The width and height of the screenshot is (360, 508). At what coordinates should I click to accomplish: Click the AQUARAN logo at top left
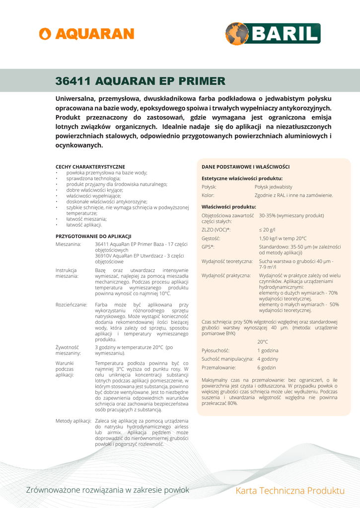point(86,34)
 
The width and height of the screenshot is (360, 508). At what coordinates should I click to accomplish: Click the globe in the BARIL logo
point(237,34)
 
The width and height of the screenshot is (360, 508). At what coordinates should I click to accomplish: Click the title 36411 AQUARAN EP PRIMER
point(140,81)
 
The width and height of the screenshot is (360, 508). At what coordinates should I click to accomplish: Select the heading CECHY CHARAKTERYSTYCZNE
point(90,167)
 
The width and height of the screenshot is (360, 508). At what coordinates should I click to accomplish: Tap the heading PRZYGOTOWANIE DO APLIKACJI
point(93,236)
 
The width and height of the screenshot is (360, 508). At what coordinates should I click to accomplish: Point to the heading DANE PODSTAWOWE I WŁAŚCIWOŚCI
point(245,167)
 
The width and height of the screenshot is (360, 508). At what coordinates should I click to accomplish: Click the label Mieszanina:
point(69,245)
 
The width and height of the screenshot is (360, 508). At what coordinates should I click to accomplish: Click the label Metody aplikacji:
point(73,421)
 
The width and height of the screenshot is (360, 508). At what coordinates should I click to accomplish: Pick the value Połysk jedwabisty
point(273,187)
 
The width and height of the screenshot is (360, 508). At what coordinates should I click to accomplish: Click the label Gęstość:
point(211,239)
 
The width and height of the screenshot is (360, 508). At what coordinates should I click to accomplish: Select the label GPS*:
point(208,247)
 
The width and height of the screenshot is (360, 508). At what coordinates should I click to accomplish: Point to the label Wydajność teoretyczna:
point(227,261)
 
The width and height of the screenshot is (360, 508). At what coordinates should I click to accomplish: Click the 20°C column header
point(263,342)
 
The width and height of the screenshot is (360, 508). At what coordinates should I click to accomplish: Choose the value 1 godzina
point(267,350)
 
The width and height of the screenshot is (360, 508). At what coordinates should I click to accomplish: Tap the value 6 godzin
point(266,368)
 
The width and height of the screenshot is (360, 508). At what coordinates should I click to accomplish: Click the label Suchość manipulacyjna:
point(227,359)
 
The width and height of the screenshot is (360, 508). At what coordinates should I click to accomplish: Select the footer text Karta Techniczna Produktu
point(290,491)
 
